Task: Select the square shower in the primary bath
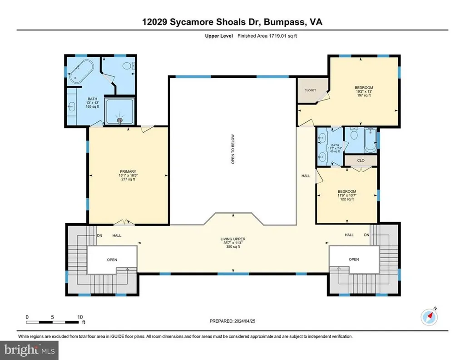pyautogui.click(x=120, y=111)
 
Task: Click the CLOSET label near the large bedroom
pyautogui.click(x=310, y=90)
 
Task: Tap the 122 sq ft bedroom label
pyautogui.click(x=347, y=195)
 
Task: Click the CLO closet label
pyautogui.click(x=361, y=160)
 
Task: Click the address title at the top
pyautogui.click(x=232, y=21)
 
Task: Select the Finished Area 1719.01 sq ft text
pyautogui.click(x=266, y=35)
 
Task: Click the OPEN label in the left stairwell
pyautogui.click(x=112, y=260)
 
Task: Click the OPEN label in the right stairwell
pyautogui.click(x=354, y=259)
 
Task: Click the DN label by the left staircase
pyautogui.click(x=99, y=235)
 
